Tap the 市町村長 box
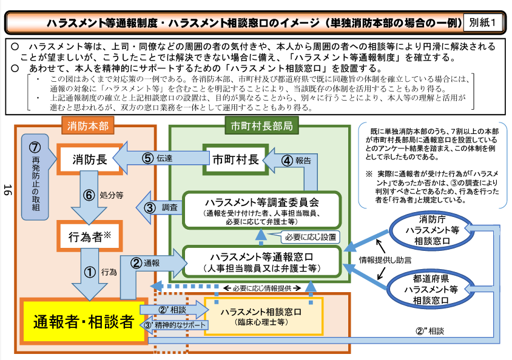[x=235, y=159]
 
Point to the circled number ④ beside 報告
[x=288, y=161]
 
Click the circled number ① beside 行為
[x=89, y=272]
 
